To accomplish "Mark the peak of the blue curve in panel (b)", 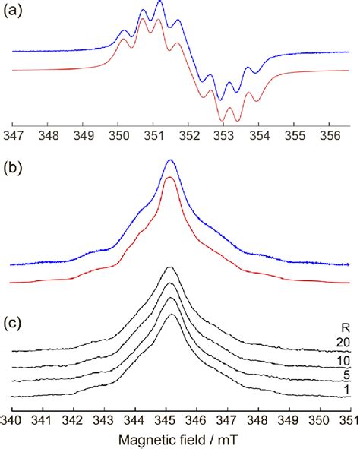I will tap(170, 160).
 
